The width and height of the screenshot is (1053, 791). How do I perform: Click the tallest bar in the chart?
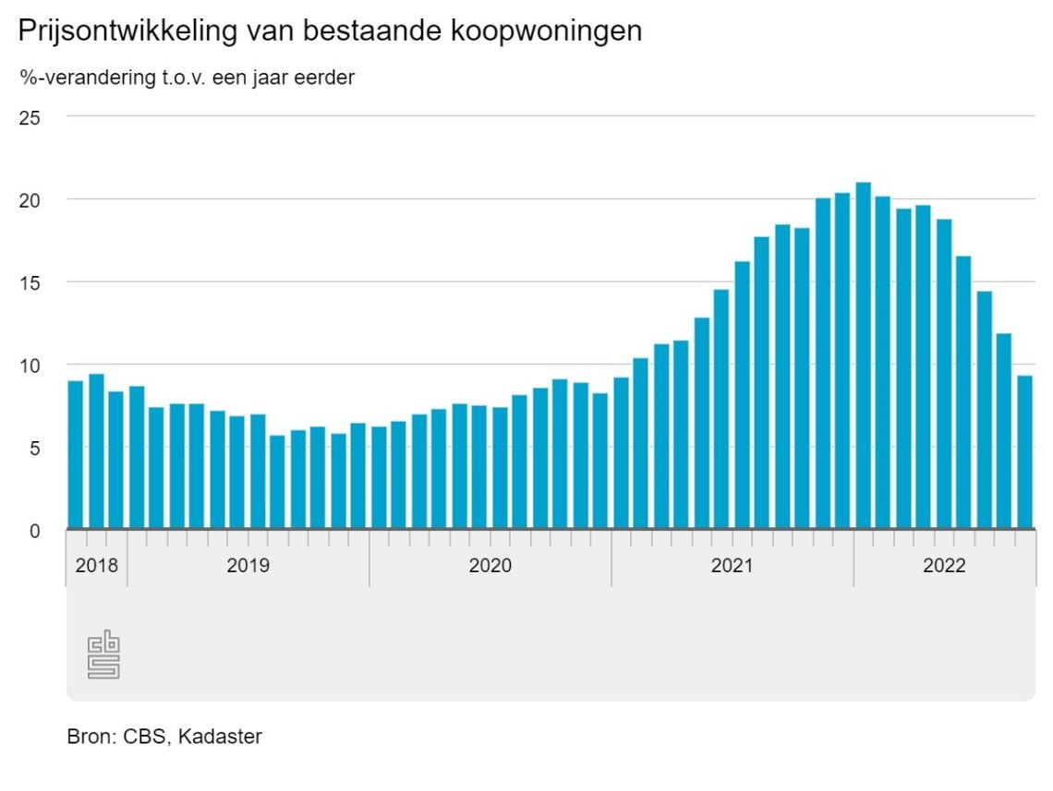863,355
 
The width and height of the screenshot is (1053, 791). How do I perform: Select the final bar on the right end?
1024,452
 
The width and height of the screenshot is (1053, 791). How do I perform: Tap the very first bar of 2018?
76,454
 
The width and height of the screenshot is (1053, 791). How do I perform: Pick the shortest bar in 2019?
277,482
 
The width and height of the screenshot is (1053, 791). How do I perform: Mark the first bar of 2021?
621,452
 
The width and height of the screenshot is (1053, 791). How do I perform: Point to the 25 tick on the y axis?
31,117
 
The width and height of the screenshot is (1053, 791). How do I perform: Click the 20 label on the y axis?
31,200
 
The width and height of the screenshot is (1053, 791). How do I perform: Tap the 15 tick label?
31,282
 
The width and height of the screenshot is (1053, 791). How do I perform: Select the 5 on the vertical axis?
36,448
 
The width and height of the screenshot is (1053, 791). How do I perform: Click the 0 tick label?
36,531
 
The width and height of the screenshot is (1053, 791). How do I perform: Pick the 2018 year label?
97,565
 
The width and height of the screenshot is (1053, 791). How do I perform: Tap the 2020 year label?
490,565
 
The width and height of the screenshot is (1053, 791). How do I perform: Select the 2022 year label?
944,565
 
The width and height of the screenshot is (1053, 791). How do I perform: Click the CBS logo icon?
103,654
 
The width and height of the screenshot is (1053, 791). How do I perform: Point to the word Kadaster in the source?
220,737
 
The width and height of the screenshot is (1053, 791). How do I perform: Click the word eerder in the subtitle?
327,78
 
